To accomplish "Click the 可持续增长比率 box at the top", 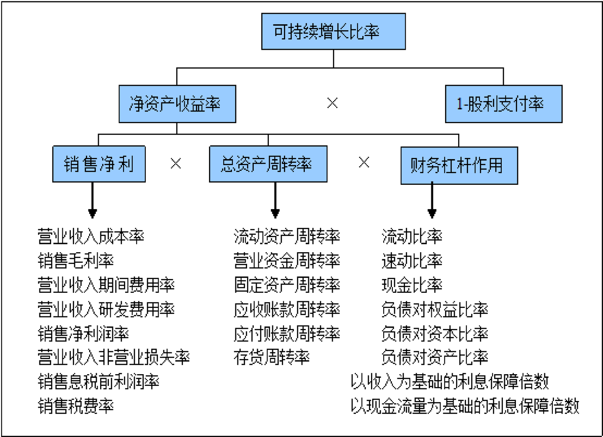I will coord(333,31).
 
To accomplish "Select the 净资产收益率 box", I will coord(177,104).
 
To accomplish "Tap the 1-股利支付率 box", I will coord(503,104).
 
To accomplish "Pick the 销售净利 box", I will coord(99,164).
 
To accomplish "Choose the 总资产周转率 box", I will coord(268,164).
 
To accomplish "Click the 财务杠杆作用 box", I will coord(459,165).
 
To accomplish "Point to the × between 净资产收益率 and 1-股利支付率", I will coord(332,103).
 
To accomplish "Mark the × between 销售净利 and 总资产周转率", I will coord(176,163).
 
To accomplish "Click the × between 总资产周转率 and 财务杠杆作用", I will coord(364,162).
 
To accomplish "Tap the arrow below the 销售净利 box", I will coord(93,201).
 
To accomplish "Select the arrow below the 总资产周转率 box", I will coord(275,201).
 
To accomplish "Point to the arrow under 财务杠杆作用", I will coord(432,201).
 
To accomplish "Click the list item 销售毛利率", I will coord(76,261).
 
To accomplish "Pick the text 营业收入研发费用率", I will coord(106,309).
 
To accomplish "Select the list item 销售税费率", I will coord(76,406).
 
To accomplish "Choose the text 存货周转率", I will coord(271,357).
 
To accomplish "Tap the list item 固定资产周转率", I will coord(287,285).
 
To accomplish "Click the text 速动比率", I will coord(412,261).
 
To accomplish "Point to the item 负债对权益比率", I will coord(435,309).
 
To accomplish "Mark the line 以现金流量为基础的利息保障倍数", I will coord(465,406).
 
